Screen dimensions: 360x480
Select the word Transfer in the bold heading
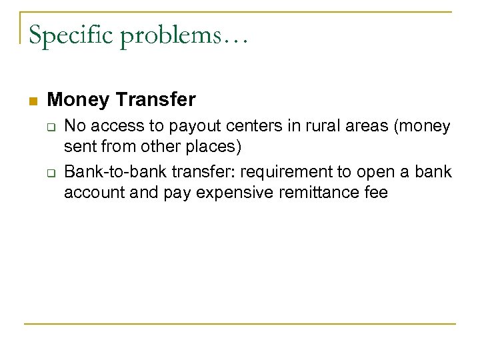[156, 100]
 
